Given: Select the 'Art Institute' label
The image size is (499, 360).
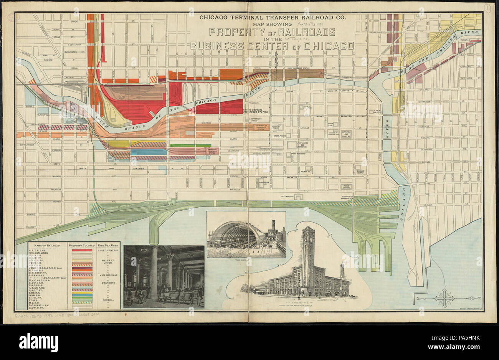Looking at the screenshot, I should [x=288, y=196].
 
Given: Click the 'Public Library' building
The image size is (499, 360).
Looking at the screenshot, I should [x=347, y=187].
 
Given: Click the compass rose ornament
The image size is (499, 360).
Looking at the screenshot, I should [x=444, y=298].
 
